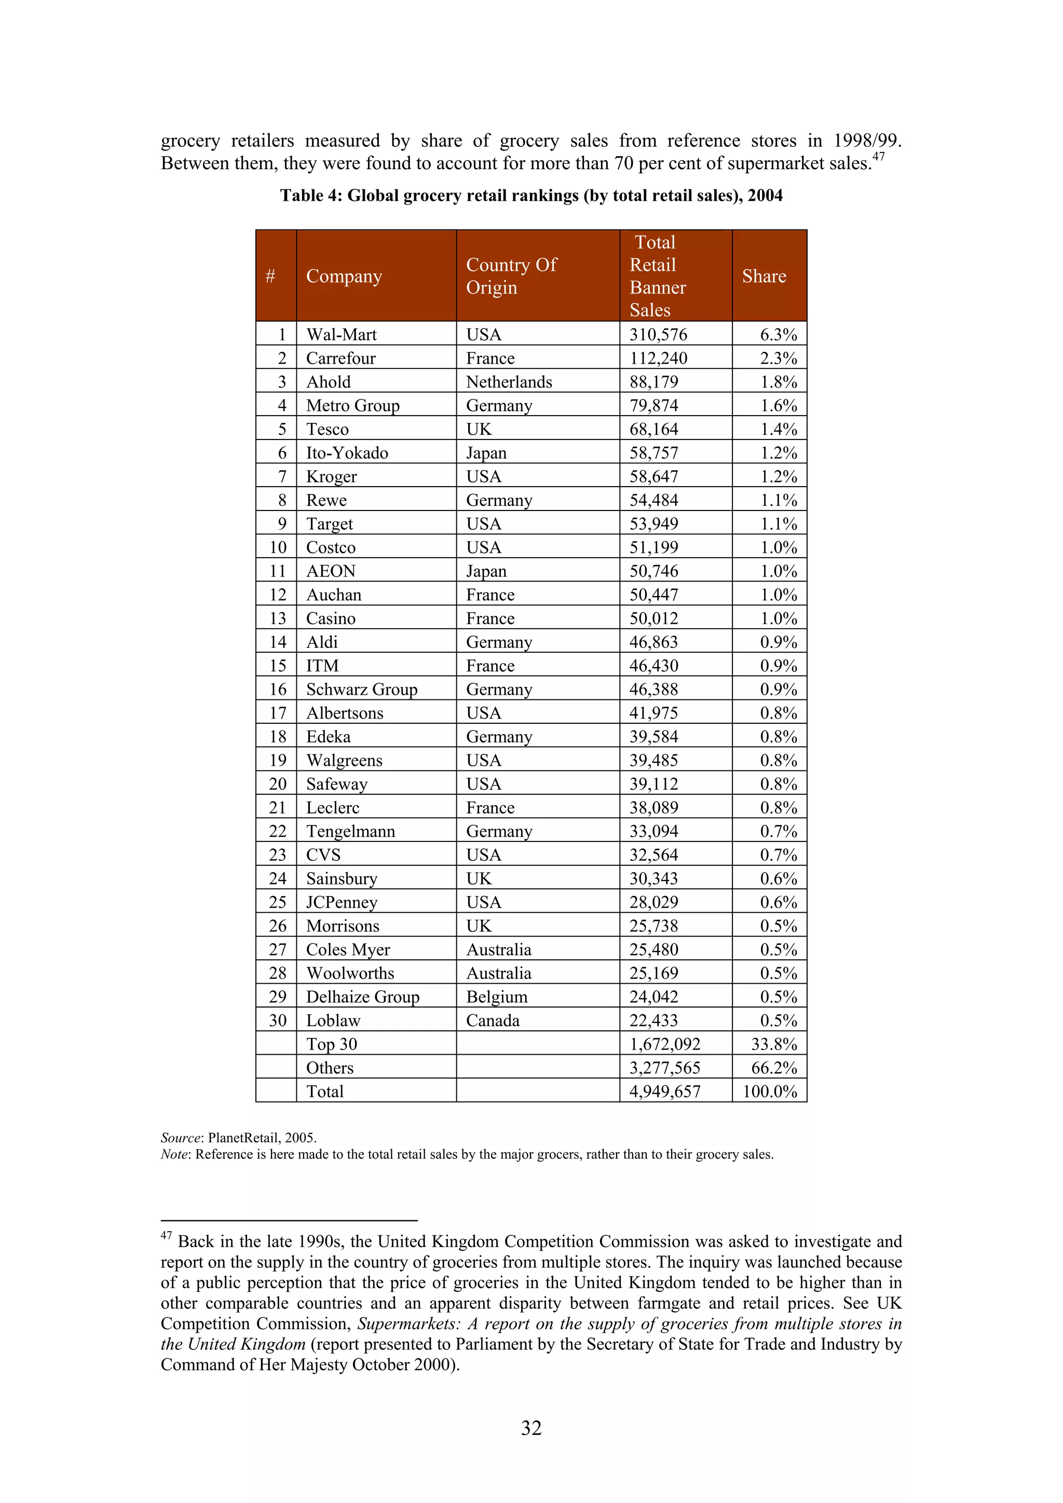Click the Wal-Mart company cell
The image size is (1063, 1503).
(x=341, y=335)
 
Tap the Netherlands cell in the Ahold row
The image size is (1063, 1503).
(x=509, y=382)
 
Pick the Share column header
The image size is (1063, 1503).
(x=764, y=276)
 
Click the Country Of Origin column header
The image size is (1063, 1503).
(x=511, y=275)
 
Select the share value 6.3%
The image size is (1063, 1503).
(x=778, y=335)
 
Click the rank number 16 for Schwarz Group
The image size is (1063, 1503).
(x=278, y=690)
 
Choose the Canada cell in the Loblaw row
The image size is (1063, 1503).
(x=493, y=1021)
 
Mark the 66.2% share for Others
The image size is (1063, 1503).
(x=773, y=1068)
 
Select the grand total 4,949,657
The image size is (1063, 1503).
(x=665, y=1091)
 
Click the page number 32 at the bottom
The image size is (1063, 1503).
(x=531, y=1428)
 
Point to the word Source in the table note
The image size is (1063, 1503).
(x=180, y=1138)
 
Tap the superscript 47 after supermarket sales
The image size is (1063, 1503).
(x=878, y=157)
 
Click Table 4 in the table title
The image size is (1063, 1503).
(x=310, y=196)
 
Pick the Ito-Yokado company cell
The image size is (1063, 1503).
(x=347, y=453)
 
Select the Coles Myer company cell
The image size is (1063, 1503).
(x=348, y=949)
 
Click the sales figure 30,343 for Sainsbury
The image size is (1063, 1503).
(x=653, y=878)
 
